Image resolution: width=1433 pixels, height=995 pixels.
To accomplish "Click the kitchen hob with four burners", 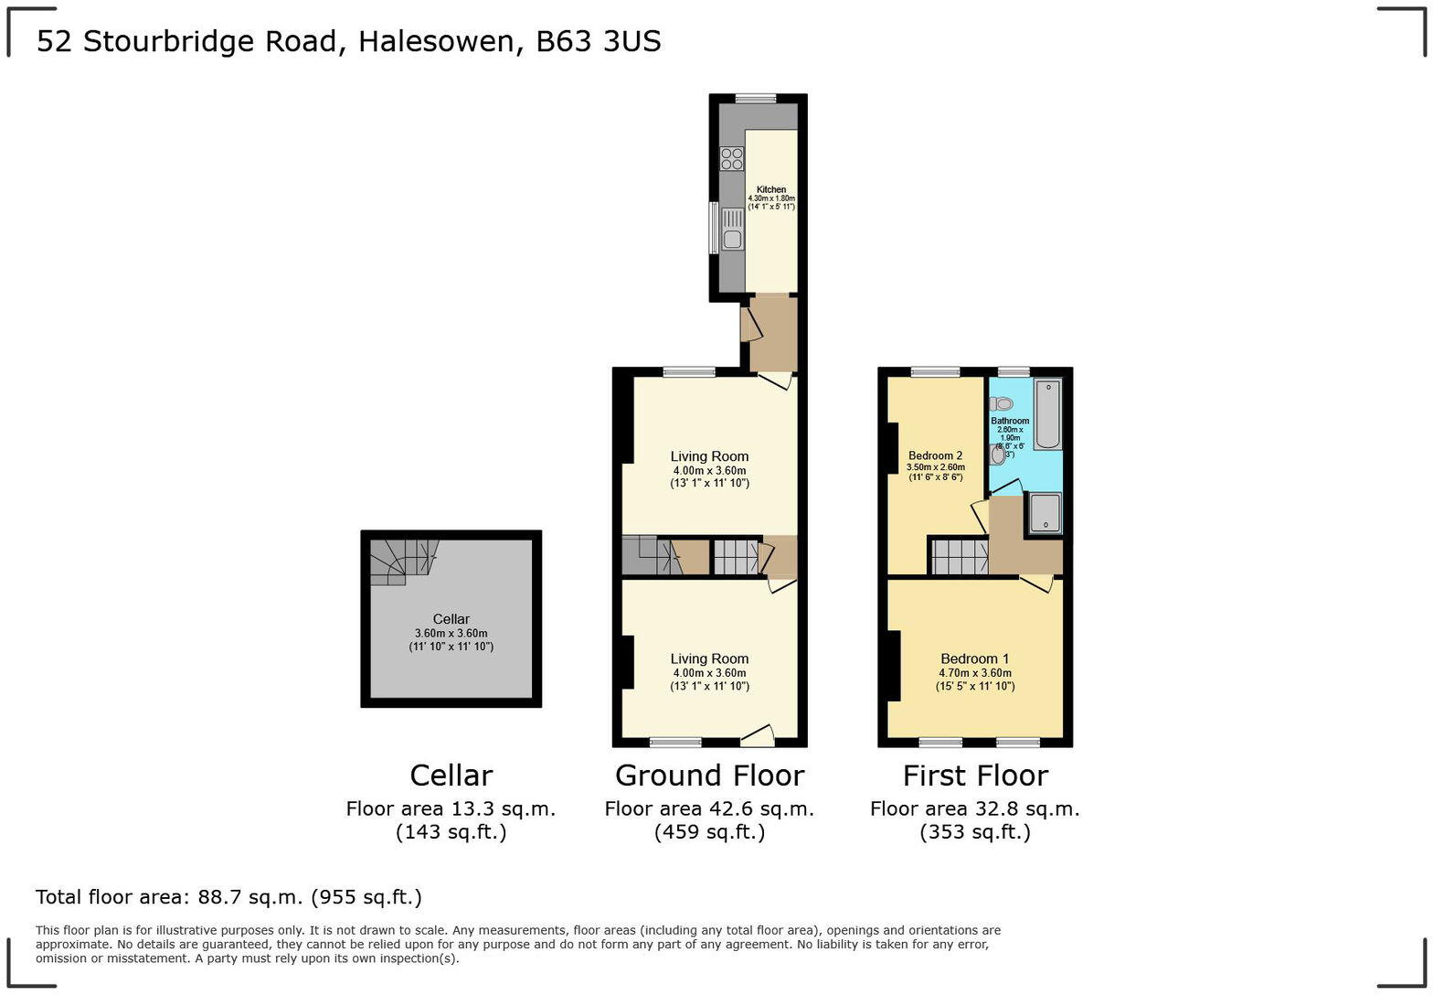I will [731, 158].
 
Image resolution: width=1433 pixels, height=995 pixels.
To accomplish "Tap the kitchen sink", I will [731, 230].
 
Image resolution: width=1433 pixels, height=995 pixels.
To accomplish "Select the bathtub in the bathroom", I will [1047, 413].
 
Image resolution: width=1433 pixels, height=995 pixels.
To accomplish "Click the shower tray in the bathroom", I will [1045, 513].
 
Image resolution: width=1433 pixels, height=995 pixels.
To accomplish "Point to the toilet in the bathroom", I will [1003, 403].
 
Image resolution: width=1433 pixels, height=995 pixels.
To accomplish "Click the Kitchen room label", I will [771, 189].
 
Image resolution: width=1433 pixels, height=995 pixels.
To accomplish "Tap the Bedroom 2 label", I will [935, 455].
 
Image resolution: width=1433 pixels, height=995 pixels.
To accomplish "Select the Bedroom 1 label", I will [974, 658].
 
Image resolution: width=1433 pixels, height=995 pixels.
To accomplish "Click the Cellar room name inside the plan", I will [451, 619].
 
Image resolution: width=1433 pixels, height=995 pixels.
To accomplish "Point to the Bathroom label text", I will [1010, 421].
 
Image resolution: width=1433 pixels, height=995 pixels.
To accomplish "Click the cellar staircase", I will [400, 561].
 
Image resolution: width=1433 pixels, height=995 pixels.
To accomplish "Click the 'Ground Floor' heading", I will [709, 776].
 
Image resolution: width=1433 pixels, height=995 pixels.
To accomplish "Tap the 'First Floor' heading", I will [975, 776].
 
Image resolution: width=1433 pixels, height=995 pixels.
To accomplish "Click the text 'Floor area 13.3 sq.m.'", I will [451, 808].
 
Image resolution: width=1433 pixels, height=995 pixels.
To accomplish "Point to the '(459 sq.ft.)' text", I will [709, 832].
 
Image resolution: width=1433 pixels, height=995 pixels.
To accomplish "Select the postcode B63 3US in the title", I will [598, 41].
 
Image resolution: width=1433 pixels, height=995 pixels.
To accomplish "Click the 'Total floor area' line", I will [228, 897].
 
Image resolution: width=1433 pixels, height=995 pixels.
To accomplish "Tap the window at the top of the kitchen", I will [756, 99].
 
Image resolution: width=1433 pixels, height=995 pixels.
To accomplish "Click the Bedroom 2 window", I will [935, 371].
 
